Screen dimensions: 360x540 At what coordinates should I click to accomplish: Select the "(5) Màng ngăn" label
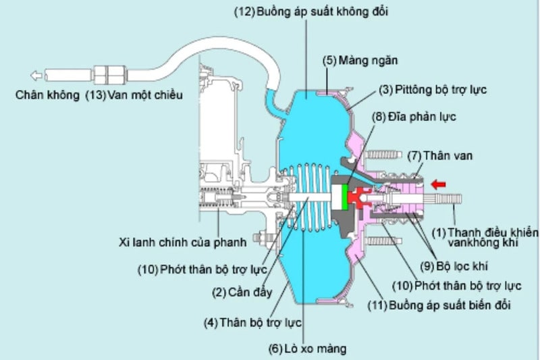[360, 60]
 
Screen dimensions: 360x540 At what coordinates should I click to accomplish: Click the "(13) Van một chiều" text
[134, 95]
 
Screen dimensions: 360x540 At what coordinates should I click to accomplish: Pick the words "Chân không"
[47, 95]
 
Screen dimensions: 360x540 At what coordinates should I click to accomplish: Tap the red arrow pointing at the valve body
[439, 182]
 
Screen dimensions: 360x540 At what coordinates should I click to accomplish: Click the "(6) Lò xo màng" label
[308, 349]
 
